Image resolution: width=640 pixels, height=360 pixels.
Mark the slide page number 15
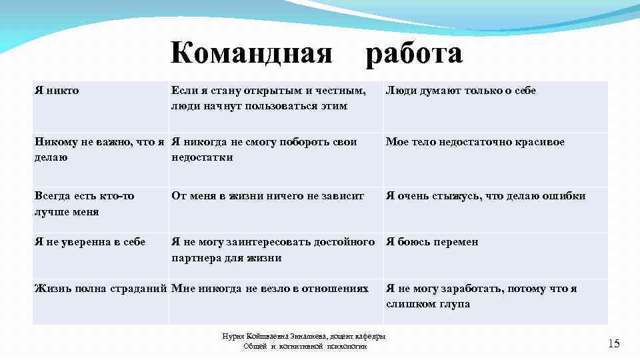613,343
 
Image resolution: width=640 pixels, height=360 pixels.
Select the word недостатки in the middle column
202,157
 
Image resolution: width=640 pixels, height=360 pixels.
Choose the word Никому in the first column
56,142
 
